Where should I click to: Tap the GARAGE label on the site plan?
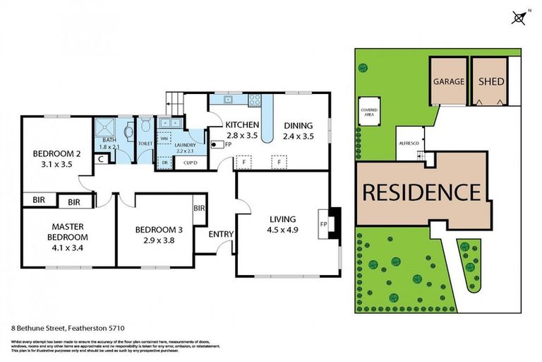tap(449, 81)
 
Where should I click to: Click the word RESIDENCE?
tap(422, 191)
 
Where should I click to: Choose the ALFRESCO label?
tap(409, 143)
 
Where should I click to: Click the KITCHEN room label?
tap(242, 124)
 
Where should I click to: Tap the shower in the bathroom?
tap(107, 129)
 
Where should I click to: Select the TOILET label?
tap(145, 144)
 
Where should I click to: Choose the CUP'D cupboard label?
tap(190, 163)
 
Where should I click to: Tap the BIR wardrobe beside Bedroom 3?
tap(200, 209)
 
